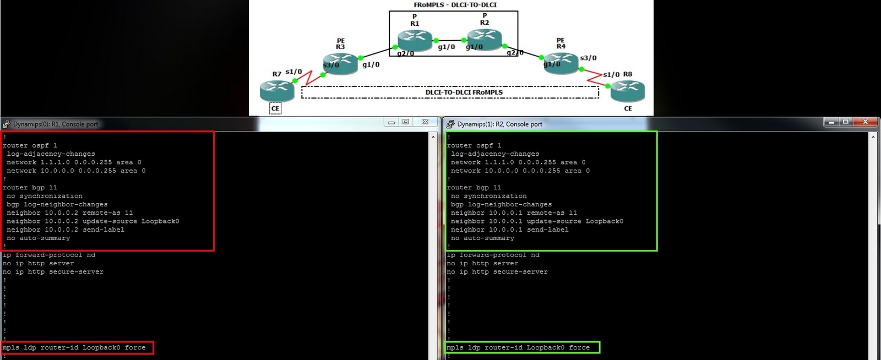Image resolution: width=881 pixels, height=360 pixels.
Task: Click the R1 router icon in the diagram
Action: [415, 39]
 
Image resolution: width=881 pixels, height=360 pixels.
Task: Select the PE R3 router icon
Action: [340, 62]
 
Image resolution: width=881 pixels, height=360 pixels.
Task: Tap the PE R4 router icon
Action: [561, 62]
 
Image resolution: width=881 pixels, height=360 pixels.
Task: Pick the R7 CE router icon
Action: [276, 90]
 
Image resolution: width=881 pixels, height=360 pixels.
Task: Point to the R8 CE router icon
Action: [628, 90]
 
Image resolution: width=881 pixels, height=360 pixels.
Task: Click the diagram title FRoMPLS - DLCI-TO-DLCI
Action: [455, 5]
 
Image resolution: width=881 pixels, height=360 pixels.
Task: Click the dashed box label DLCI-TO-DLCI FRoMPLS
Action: [464, 92]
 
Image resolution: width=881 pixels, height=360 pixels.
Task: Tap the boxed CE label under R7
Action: [275, 108]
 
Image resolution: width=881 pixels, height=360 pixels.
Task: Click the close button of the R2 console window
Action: [865, 122]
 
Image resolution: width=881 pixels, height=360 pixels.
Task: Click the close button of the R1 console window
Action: [425, 122]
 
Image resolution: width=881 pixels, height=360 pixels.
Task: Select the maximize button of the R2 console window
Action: [846, 122]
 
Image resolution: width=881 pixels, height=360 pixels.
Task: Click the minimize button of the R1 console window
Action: [391, 122]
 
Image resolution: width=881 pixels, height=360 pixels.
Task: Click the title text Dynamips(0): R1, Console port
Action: [56, 124]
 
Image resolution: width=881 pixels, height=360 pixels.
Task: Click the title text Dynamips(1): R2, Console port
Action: [499, 124]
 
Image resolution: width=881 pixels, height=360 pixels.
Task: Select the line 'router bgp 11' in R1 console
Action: [30, 188]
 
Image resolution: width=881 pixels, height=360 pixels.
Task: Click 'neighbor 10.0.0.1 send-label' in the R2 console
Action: [509, 230]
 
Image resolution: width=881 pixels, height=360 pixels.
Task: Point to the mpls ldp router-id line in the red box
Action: [74, 348]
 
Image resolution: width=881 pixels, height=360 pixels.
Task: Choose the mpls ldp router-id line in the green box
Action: [518, 348]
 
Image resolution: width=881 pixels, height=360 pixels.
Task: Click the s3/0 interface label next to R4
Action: [588, 58]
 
